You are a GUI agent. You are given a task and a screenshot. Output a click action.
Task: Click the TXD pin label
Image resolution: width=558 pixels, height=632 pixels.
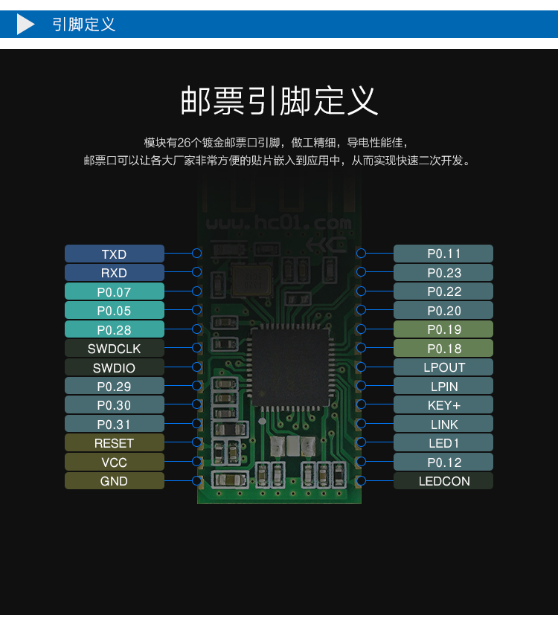tap(115, 254)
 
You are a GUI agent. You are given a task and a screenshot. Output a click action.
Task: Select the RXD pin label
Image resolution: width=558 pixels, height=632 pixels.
tap(115, 273)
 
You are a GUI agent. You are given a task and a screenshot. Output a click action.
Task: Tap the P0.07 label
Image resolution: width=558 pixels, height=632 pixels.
tap(115, 291)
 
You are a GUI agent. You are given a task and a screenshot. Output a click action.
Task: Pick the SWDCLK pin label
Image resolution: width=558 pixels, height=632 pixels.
tap(115, 348)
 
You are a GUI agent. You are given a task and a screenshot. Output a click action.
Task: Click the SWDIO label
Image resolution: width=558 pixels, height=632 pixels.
tap(115, 367)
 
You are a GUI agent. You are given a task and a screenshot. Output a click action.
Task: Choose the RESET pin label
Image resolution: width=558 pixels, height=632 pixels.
tap(115, 443)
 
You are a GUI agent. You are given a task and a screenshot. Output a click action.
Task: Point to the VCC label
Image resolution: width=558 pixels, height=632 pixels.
tap(115, 462)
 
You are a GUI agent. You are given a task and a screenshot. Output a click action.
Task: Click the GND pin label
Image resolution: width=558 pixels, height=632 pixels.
tap(115, 481)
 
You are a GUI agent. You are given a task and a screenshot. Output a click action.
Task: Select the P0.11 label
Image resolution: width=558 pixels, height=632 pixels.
tap(443, 254)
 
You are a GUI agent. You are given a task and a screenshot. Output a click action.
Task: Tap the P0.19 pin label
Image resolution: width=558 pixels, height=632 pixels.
tap(443, 329)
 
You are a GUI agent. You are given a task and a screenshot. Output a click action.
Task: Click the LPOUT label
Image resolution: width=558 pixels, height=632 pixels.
tap(443, 367)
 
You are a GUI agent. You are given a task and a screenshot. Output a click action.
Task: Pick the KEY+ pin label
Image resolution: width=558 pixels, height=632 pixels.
tap(443, 405)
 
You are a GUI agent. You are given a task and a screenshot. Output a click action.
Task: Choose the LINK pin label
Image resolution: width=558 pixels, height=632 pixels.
tap(443, 424)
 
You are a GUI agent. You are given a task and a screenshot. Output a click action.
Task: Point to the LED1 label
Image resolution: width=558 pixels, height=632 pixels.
tap(443, 443)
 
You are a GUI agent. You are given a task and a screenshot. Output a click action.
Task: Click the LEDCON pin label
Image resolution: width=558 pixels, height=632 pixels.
tap(443, 481)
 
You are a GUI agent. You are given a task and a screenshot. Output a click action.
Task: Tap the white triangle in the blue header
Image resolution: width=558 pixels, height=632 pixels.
tap(25, 25)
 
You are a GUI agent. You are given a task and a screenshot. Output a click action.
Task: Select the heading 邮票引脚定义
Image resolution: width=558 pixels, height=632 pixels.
tap(279, 101)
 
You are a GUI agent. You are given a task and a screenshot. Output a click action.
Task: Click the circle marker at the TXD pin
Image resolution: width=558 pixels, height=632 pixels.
tap(197, 254)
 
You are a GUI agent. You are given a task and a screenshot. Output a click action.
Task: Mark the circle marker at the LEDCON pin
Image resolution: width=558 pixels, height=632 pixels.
tap(362, 480)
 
